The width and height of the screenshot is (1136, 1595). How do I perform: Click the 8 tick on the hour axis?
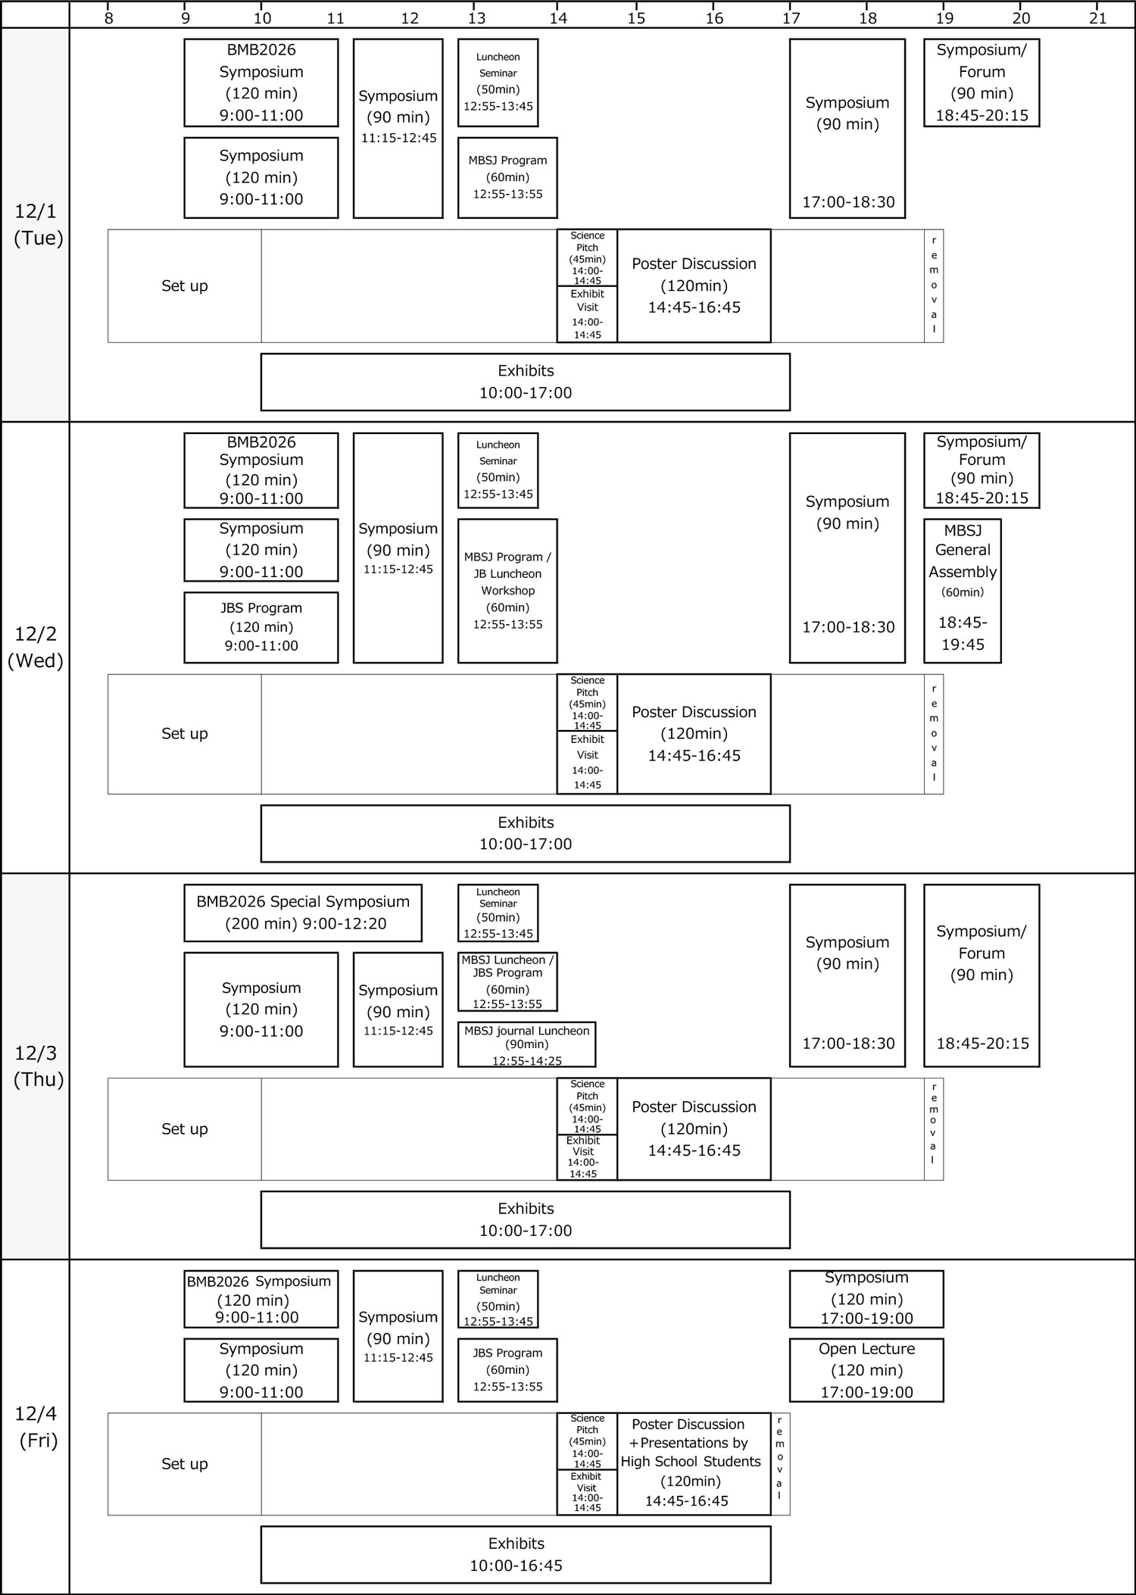point(109,18)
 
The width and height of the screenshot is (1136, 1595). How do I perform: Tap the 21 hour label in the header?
point(1097,18)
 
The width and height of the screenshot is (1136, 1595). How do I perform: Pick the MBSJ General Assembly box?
point(962,591)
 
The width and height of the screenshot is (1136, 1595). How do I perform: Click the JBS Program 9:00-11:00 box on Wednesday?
point(261,627)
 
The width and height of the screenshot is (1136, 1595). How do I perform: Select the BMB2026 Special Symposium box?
point(303,913)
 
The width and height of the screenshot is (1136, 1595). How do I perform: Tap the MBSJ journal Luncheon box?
point(526,1044)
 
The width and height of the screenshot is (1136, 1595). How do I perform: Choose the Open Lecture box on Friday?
point(866,1370)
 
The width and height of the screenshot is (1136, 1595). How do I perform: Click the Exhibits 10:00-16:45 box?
point(516,1554)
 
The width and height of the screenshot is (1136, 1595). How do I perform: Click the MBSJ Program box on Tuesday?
point(507,177)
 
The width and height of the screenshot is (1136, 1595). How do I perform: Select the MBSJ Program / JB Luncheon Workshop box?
point(507,591)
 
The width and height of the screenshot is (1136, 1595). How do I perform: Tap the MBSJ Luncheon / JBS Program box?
point(507,982)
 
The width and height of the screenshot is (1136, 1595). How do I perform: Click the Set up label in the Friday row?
point(185,1464)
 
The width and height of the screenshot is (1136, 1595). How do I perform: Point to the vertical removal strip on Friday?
point(780,1462)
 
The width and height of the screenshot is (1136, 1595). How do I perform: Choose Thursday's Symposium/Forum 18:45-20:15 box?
point(982,975)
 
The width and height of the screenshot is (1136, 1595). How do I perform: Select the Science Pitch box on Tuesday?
point(587,258)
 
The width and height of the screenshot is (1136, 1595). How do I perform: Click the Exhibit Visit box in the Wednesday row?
point(587,762)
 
